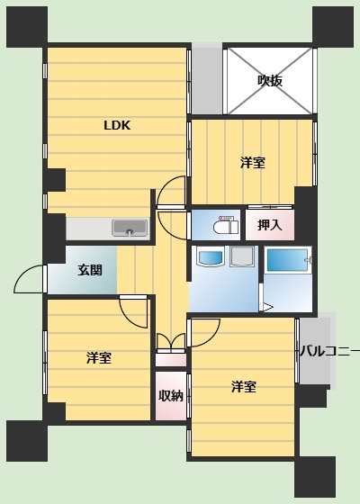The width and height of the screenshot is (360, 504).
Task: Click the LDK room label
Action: click(x=117, y=126)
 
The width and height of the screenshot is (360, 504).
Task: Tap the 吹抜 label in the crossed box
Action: click(x=270, y=81)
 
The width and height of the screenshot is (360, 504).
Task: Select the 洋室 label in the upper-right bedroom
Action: click(x=253, y=163)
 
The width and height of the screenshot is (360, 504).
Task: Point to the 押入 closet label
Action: click(x=270, y=225)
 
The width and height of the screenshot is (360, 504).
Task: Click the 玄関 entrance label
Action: click(x=90, y=269)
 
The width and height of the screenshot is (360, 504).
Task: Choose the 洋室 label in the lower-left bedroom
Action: click(x=99, y=358)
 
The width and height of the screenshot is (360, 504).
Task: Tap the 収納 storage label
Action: click(x=171, y=395)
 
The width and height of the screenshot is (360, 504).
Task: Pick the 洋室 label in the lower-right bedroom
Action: click(x=244, y=387)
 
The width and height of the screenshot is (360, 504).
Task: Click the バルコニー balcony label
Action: click(x=329, y=351)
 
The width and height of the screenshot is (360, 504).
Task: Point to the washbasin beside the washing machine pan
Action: click(x=210, y=258)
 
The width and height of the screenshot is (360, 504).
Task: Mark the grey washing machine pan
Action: click(x=242, y=256)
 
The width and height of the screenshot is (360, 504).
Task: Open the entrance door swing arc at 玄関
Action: click(x=30, y=279)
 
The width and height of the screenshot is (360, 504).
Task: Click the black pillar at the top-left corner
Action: click(x=27, y=26)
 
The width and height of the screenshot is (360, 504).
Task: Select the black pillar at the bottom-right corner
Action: click(x=315, y=477)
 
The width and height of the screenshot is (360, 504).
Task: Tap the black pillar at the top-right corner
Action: click(x=333, y=26)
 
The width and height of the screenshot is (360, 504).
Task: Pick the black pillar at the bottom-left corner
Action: click(x=27, y=441)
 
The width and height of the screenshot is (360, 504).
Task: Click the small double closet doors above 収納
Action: click(x=171, y=343)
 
